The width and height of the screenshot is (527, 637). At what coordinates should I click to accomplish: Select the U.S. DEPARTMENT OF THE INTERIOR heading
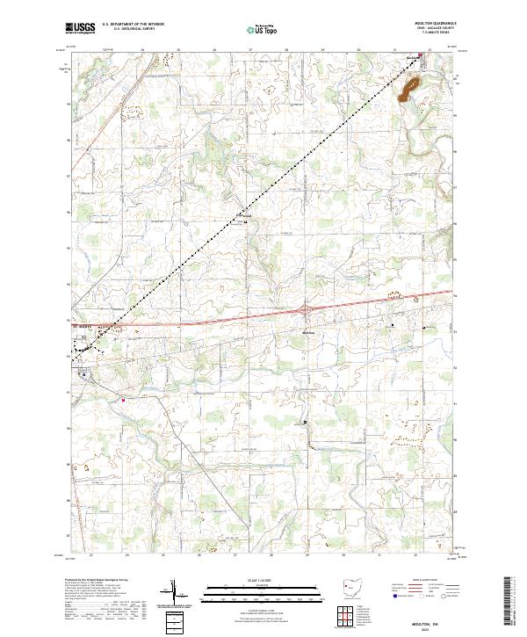pyautogui.click(x=134, y=25)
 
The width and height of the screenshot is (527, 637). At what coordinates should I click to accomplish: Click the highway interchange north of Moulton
pyautogui.click(x=305, y=309)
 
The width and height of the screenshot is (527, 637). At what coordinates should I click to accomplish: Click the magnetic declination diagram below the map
pyautogui.click(x=176, y=593)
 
